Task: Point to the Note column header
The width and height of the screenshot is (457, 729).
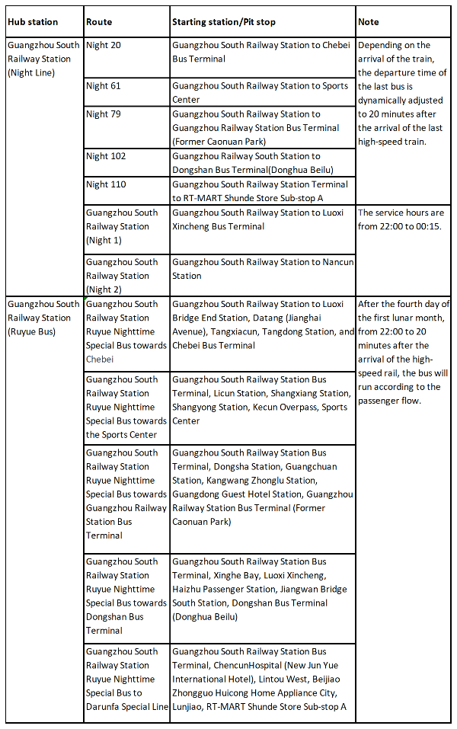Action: click(x=369, y=22)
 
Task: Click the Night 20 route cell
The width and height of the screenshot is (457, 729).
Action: click(x=104, y=46)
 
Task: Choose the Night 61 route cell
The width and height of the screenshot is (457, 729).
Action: click(x=104, y=86)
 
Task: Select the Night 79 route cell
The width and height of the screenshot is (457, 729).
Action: click(x=104, y=114)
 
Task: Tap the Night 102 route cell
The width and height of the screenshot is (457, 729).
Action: click(x=106, y=156)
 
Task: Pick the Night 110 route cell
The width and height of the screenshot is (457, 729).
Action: click(x=106, y=184)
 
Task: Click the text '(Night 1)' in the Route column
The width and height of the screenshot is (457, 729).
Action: click(x=104, y=240)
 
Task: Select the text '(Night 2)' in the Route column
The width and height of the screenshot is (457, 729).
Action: click(x=104, y=289)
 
